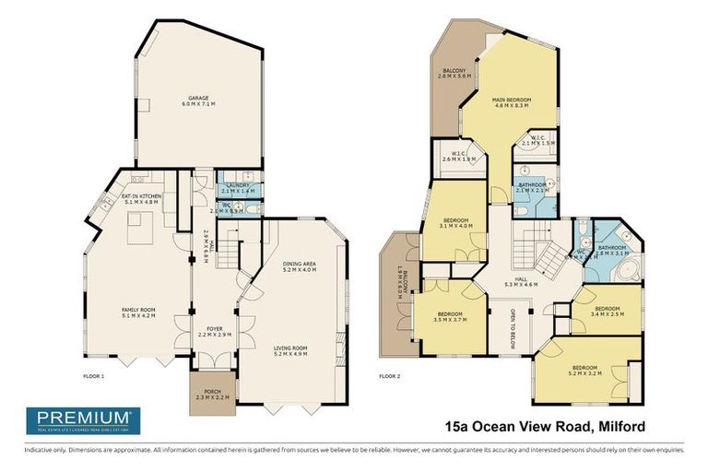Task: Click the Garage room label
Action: tap(199, 101)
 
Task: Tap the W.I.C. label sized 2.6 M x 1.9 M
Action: tap(458, 157)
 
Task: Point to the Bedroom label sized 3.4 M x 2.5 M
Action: tap(608, 312)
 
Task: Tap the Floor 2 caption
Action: tap(392, 376)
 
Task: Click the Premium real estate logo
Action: tap(84, 420)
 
